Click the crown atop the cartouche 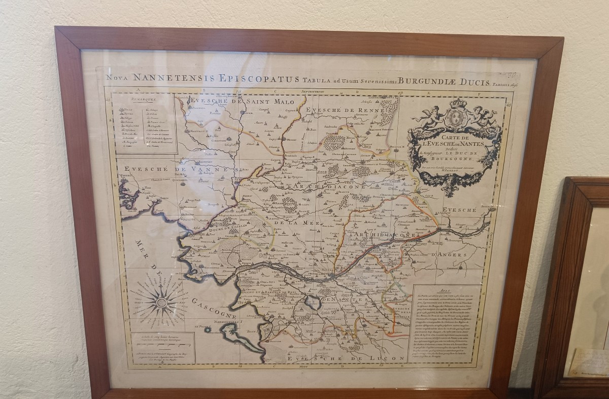pos(458,104)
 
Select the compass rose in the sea pos(162,303)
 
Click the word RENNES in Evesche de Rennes pos(358,110)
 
